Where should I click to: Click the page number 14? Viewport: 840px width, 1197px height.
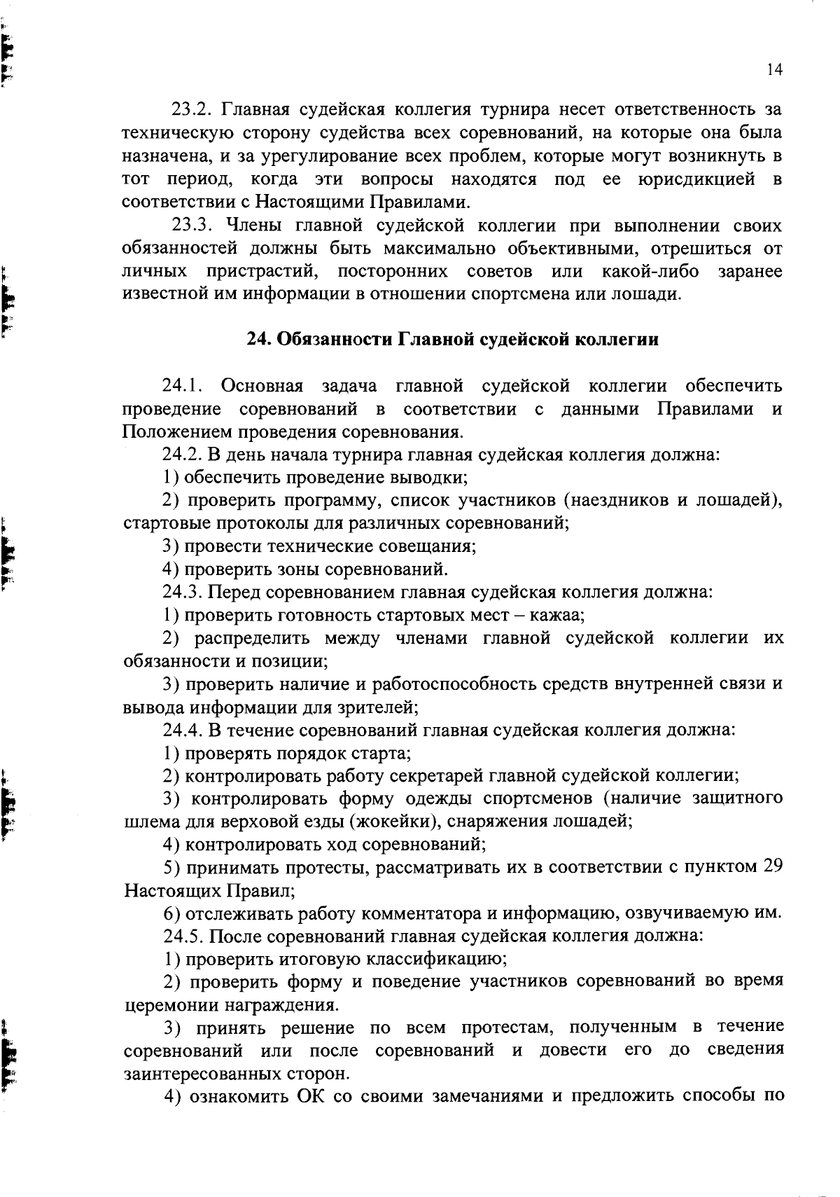coord(774,69)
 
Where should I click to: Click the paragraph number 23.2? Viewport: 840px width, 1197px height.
coord(192,110)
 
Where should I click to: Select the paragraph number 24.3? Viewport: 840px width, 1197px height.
coord(183,593)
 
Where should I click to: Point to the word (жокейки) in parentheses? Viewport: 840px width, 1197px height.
coord(394,822)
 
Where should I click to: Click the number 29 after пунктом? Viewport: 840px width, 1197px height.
coord(771,867)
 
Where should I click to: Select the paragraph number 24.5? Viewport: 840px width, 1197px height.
coord(183,936)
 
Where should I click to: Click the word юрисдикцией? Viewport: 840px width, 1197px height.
coord(696,179)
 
